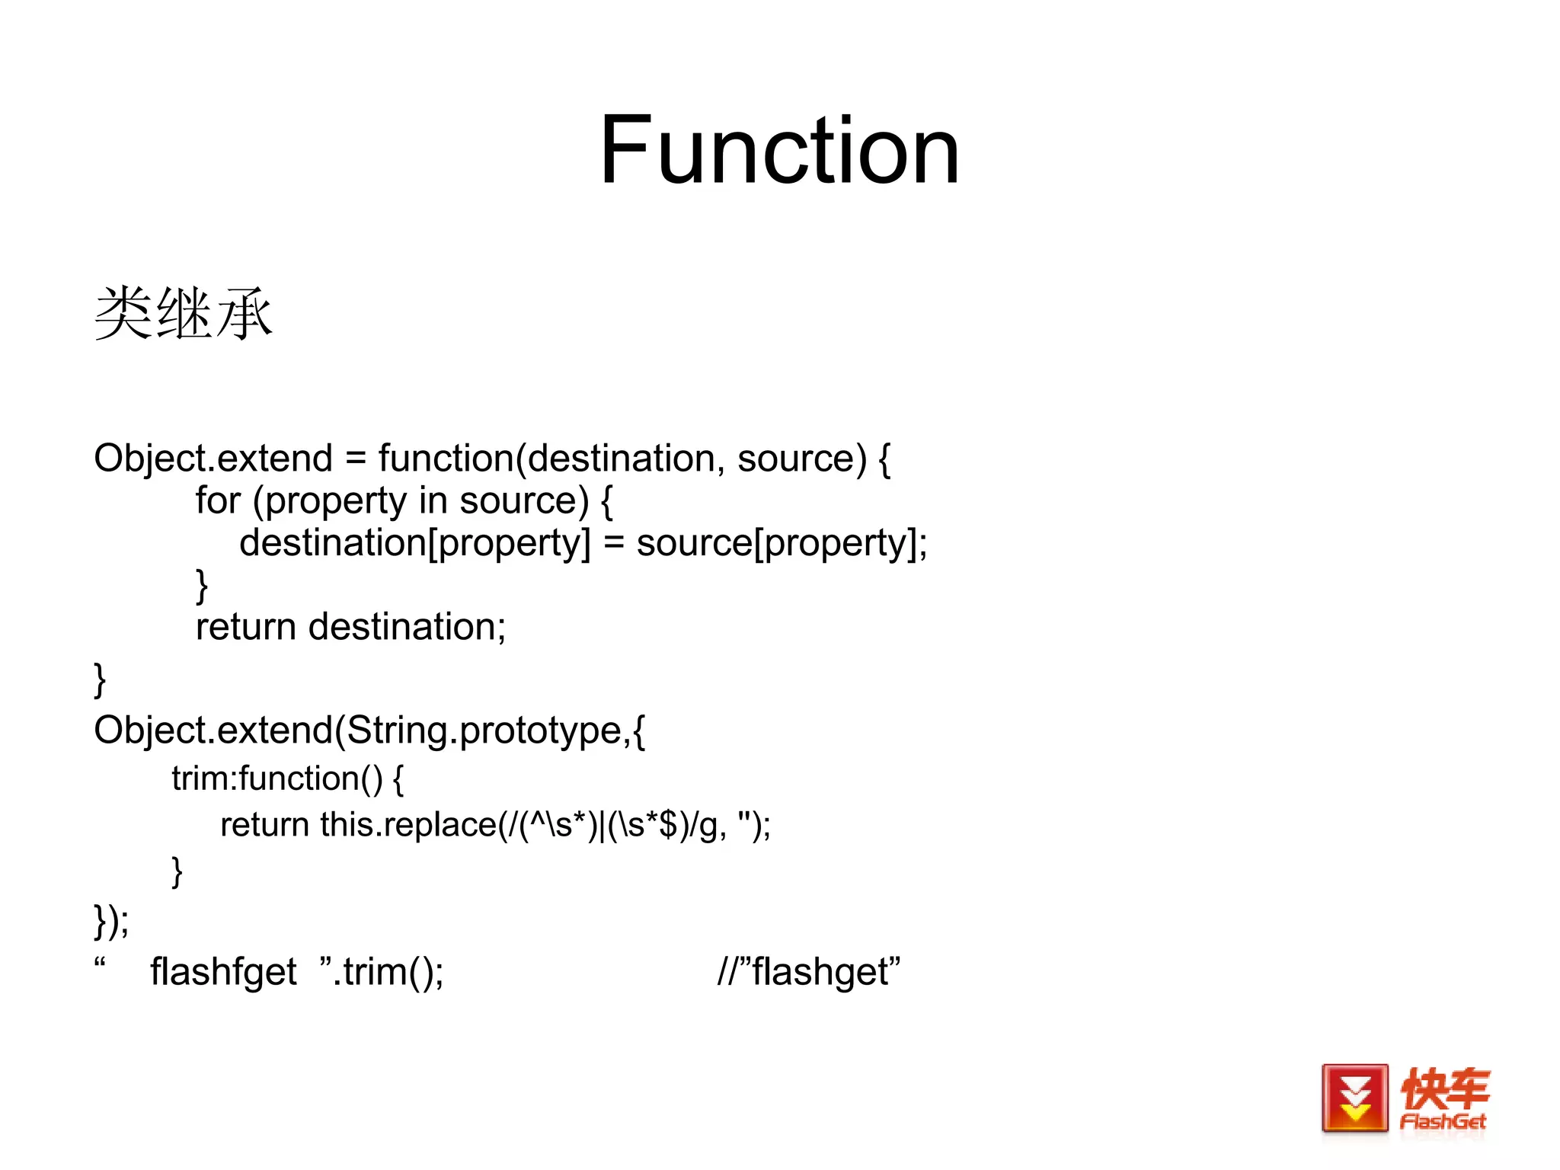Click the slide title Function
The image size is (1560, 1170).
(778, 150)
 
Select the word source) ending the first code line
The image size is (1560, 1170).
(801, 459)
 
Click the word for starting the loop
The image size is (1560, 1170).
(218, 500)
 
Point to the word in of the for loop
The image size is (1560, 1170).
(433, 500)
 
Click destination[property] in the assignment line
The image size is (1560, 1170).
(414, 543)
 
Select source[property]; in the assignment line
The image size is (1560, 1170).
(782, 543)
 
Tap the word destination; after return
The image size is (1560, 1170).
(407, 627)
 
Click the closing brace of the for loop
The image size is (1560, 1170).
(202, 585)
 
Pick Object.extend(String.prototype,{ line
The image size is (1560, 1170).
(369, 730)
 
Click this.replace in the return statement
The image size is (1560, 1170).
(408, 825)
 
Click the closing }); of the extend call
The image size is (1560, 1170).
(111, 921)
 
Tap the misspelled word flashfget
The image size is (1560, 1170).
(223, 972)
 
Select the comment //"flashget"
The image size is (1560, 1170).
(808, 972)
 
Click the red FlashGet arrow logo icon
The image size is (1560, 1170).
(1354, 1098)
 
